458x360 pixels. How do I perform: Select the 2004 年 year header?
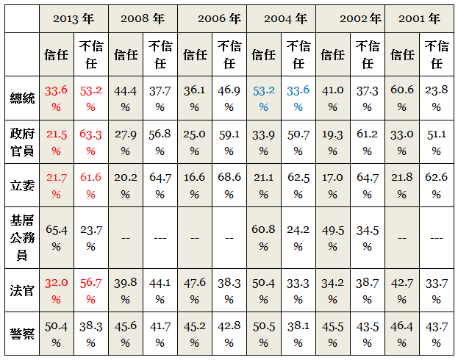pos(281,18)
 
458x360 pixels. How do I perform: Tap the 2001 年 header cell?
pos(420,18)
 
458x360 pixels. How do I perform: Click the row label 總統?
pos(22,98)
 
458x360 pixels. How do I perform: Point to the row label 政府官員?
pos(22,142)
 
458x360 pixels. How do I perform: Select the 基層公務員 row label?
pos(22,238)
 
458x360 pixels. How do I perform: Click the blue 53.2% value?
pos(263,98)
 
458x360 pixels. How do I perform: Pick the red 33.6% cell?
pos(57,98)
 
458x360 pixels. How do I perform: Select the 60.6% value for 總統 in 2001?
pos(402,98)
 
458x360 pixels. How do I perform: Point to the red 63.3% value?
pos(90,142)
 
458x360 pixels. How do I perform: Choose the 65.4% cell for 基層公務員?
pos(57,238)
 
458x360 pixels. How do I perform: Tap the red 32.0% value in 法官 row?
pos(57,289)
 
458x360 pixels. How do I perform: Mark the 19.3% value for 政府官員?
pos(332,142)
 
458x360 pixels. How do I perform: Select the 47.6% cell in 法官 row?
pos(194,289)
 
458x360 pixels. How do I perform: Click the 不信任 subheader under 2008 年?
pos(160,54)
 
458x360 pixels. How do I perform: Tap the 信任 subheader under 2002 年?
pos(332,54)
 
